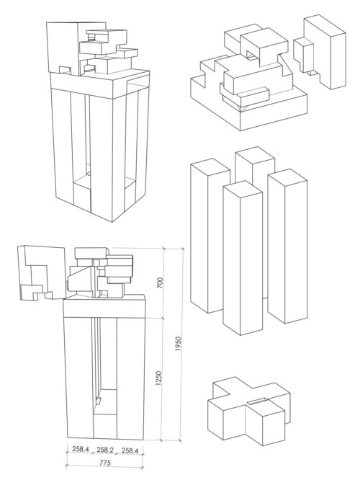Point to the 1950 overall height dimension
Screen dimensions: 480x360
pos(179,347)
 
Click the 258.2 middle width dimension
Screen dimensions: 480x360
pos(104,450)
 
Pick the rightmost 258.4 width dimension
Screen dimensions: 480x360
pos(130,450)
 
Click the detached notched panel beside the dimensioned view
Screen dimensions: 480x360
pos(36,272)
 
